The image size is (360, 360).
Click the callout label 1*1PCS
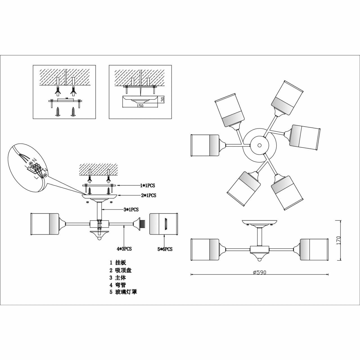[148, 186]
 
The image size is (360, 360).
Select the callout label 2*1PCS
[148, 195]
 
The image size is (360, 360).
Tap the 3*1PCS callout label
[131, 210]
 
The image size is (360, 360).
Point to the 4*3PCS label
[124, 249]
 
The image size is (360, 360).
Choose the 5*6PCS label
[165, 249]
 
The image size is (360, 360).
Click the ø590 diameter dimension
[259, 272]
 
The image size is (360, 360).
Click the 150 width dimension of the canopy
[140, 106]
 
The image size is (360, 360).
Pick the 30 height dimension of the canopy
[163, 99]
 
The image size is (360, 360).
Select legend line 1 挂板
[118, 263]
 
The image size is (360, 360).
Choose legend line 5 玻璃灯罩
[123, 292]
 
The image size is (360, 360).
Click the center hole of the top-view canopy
[259, 145]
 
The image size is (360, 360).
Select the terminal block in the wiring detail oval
[36, 167]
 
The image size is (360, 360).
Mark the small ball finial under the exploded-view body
[99, 238]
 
